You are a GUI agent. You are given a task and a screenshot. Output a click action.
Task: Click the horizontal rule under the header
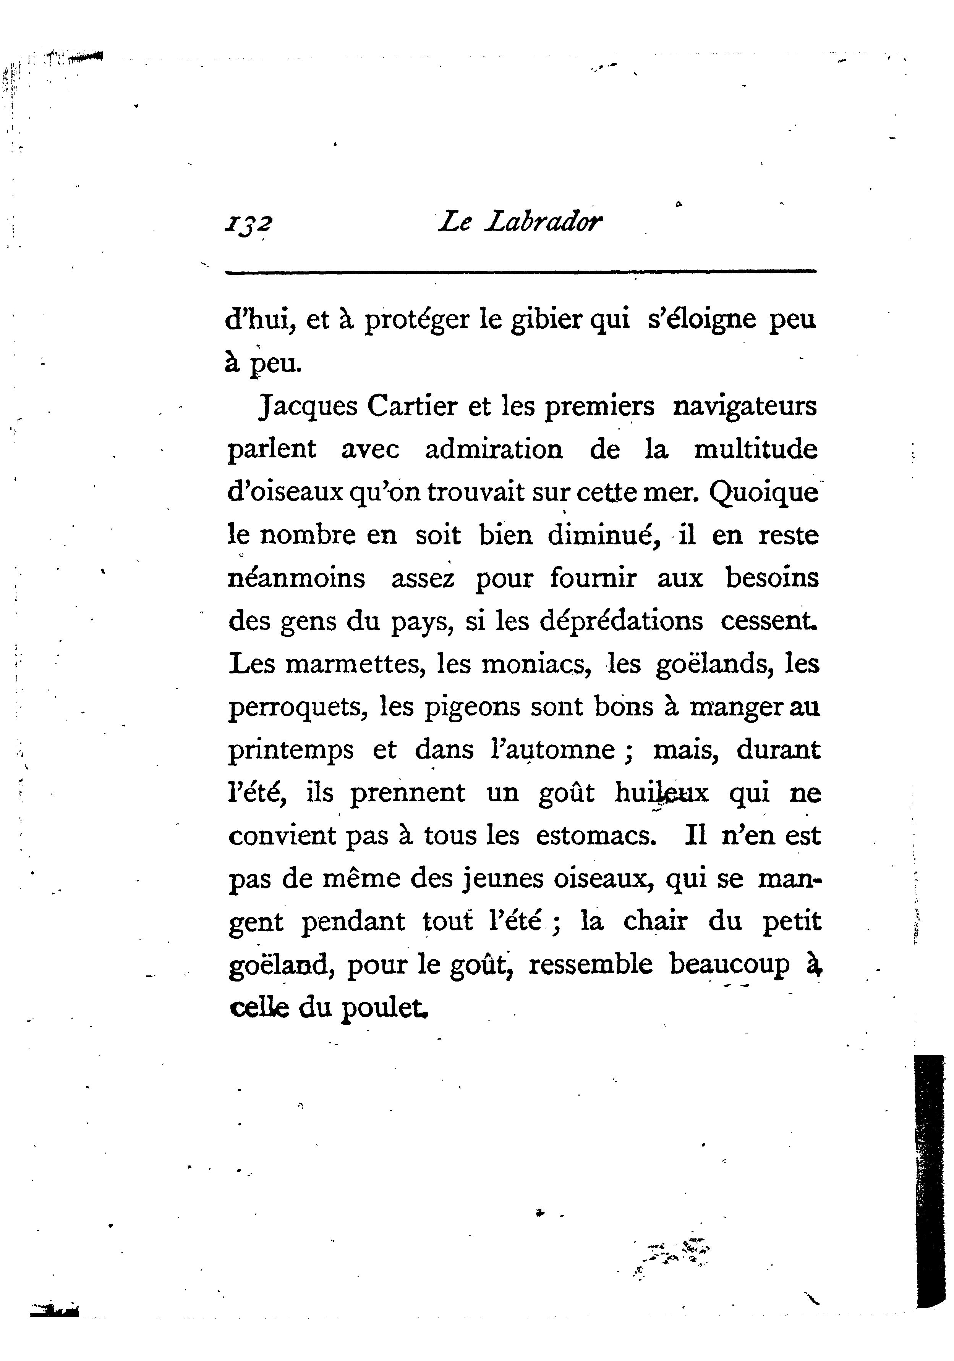[x=521, y=272]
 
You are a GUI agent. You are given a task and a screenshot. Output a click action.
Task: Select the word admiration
[x=494, y=449]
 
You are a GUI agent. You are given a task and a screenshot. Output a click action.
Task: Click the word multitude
[x=755, y=449]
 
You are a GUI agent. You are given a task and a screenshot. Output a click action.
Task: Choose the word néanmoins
[x=296, y=578]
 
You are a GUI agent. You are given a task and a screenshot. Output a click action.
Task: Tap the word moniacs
[x=536, y=664]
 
